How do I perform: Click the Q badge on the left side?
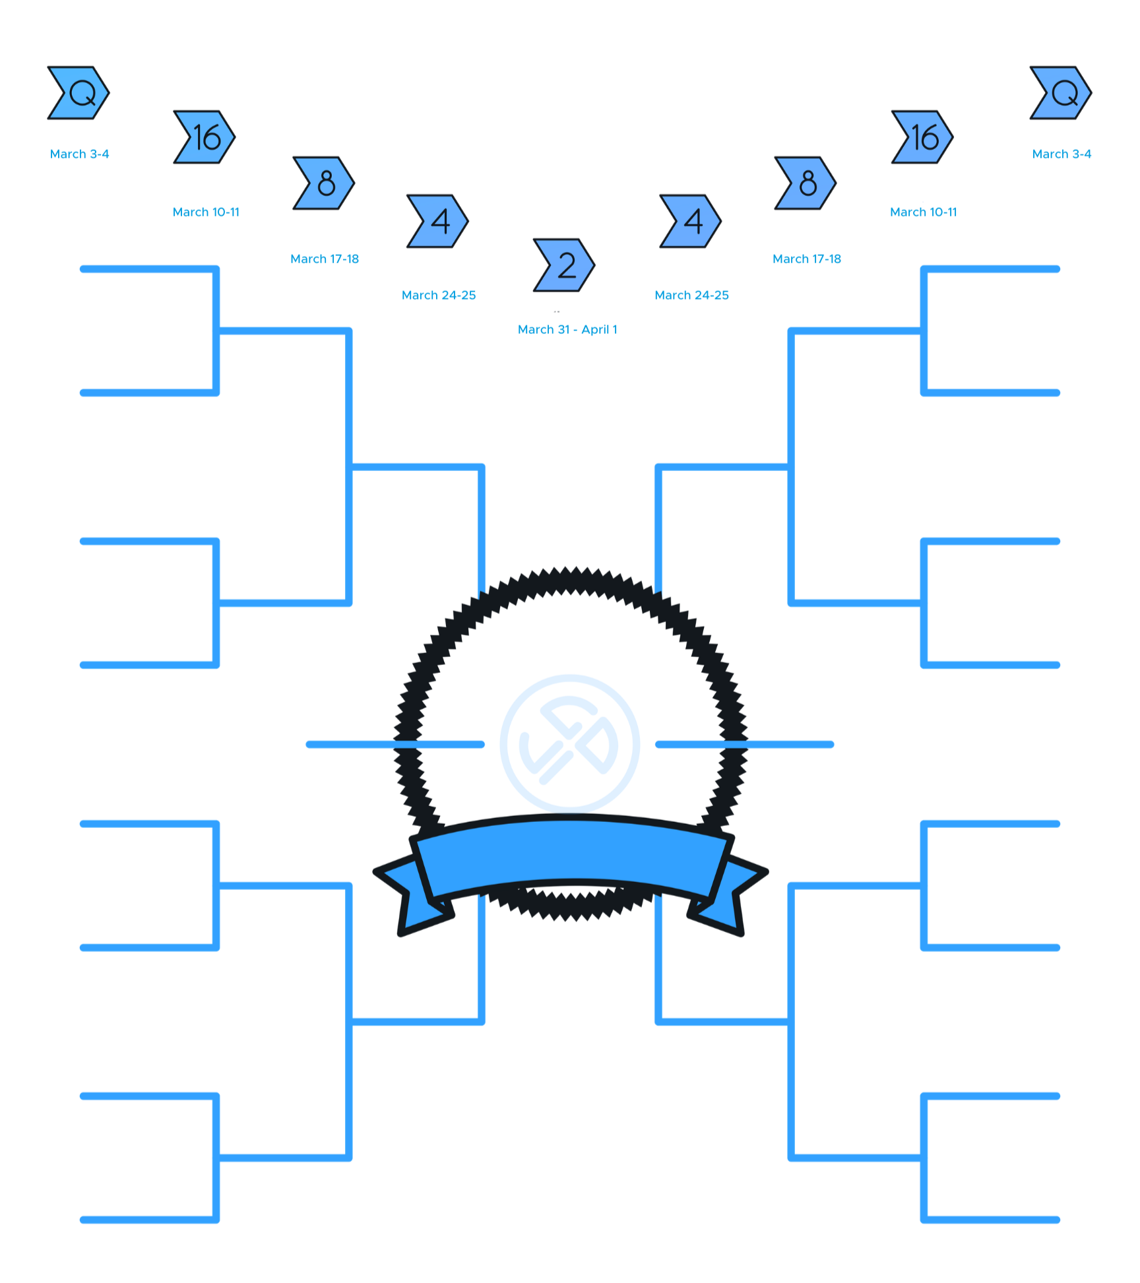[x=79, y=93]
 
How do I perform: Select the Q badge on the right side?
[x=1061, y=93]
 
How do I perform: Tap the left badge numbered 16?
[x=204, y=137]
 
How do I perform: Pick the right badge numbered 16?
[x=922, y=137]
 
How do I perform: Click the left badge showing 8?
[x=323, y=183]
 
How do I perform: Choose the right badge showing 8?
[x=805, y=183]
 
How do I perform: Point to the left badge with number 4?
[x=437, y=221]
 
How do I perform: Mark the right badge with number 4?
[x=691, y=221]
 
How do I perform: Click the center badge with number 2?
[x=564, y=265]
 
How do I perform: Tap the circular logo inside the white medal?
[x=570, y=743]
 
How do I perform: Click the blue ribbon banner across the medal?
[x=570, y=854]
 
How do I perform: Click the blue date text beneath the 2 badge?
[x=567, y=330]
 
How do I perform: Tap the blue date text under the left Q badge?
[x=79, y=158]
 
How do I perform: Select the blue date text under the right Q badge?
[x=1061, y=158]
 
